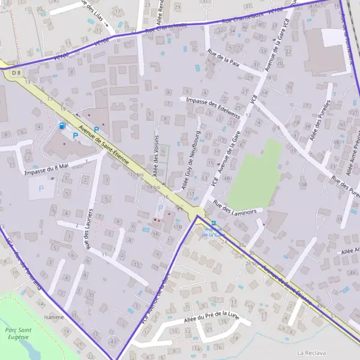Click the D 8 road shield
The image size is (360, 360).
(16, 73)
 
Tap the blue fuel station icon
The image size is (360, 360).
(62, 126)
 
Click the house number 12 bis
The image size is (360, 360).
(137, 175)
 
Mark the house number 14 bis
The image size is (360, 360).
(153, 187)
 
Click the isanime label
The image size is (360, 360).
(54, 317)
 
